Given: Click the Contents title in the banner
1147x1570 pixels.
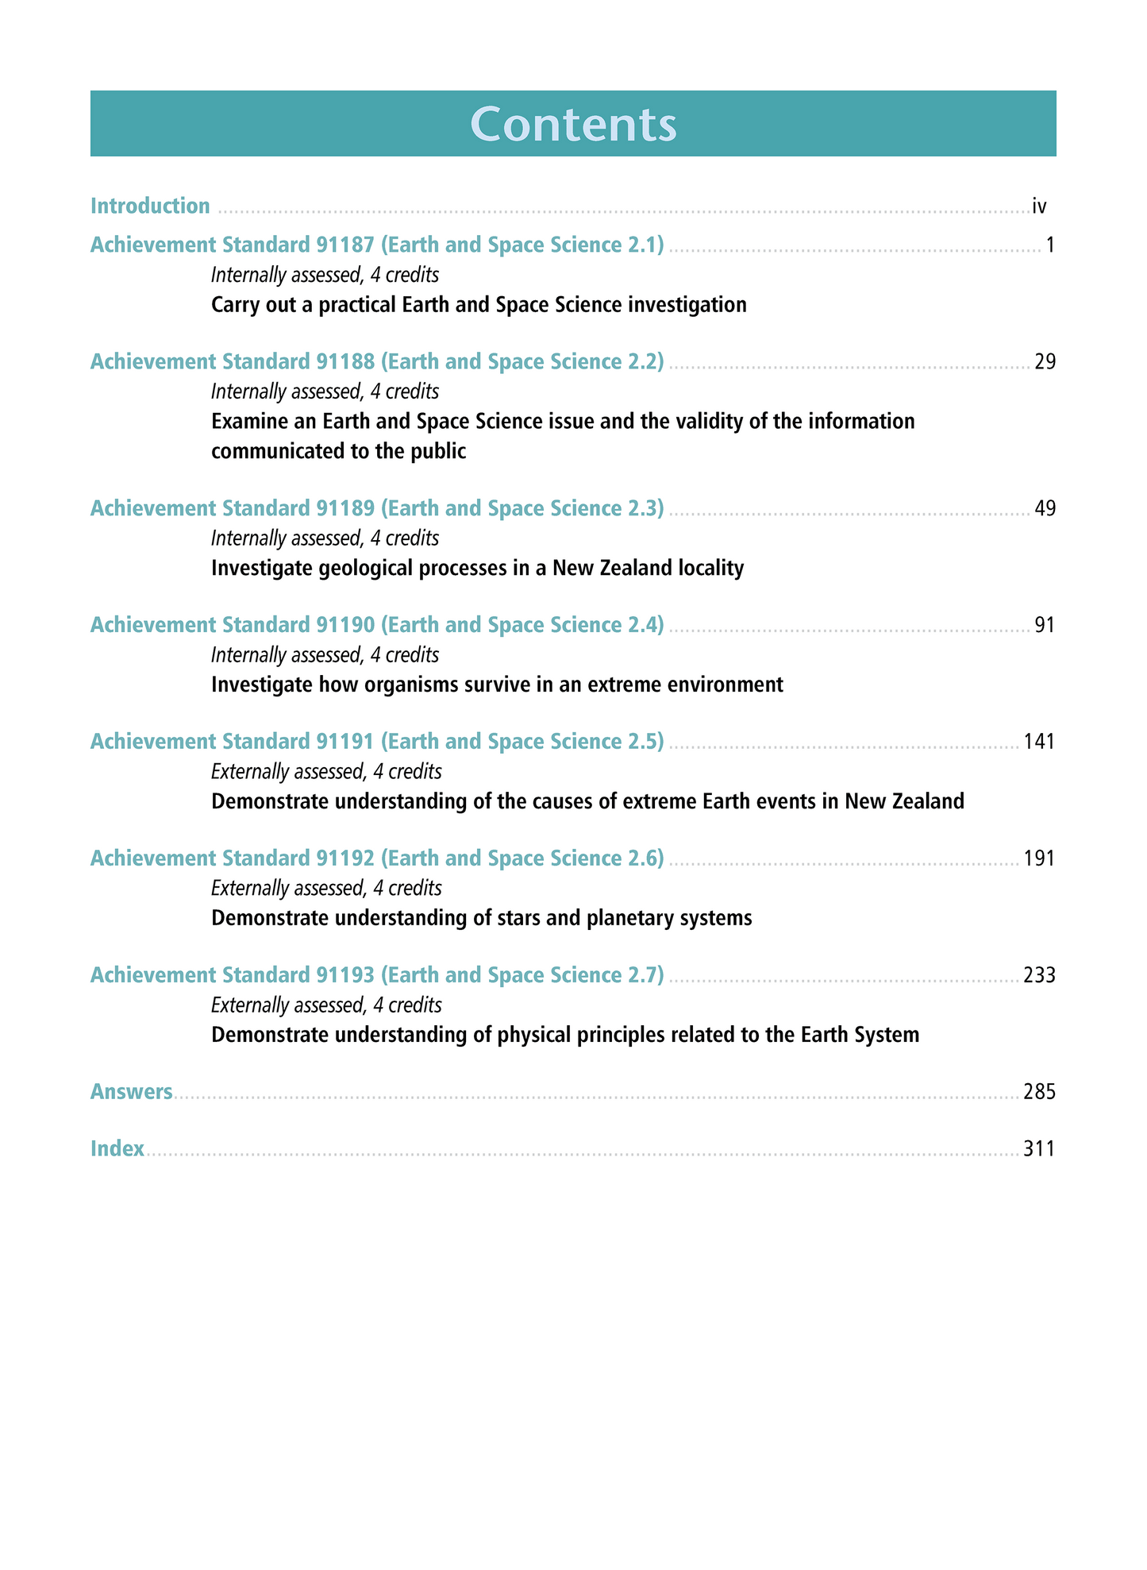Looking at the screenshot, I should coord(573,125).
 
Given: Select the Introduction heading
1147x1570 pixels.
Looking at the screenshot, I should coord(150,206).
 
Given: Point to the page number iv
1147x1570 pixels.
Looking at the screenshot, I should coord(1039,206).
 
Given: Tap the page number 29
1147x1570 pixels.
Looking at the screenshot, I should coord(1045,362).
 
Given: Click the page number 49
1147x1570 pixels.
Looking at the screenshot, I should coord(1045,508).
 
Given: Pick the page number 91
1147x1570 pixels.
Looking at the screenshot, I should coord(1045,625).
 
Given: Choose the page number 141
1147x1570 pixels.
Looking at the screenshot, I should coord(1039,742).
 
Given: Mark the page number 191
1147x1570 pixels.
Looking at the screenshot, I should coord(1039,858).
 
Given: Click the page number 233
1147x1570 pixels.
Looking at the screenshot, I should coord(1039,975).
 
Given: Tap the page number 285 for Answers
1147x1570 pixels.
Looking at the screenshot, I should coord(1039,1092).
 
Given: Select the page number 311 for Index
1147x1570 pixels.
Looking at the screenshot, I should coord(1039,1149).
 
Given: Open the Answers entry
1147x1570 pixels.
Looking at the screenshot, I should coord(131,1092).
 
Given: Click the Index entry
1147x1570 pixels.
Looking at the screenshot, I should coord(117,1149).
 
